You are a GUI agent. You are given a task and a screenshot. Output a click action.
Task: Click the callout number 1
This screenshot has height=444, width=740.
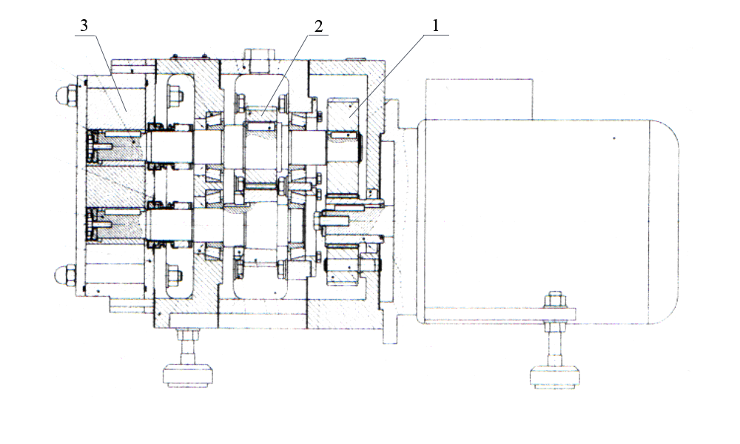click(436, 25)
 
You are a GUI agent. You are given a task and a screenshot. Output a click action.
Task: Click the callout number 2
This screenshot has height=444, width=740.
click(318, 27)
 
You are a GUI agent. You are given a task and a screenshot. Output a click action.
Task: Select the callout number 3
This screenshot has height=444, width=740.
click(84, 25)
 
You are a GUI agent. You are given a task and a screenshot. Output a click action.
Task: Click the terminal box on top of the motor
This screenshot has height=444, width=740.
click(479, 99)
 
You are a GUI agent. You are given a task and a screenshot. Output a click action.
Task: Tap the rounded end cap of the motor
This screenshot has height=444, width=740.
click(664, 222)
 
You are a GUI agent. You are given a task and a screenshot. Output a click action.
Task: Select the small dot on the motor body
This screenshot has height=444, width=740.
click(614, 138)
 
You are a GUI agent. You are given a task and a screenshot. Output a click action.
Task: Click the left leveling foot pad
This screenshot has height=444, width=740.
click(187, 376)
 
